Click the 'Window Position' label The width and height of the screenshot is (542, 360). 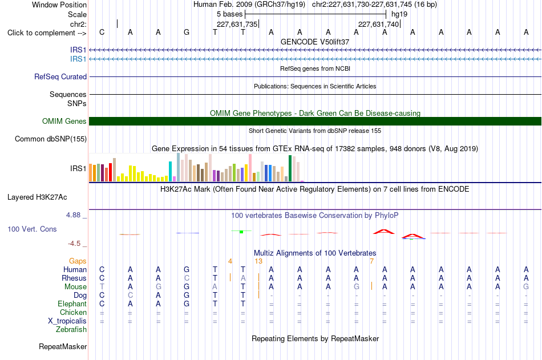[x=59, y=5]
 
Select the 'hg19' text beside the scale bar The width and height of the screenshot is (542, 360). [x=399, y=14]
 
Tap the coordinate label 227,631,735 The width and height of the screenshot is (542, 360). [x=237, y=24]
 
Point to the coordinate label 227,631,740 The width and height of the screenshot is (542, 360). [x=379, y=24]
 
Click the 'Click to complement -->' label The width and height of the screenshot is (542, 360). [x=47, y=33]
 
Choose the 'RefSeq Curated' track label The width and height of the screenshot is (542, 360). [x=60, y=77]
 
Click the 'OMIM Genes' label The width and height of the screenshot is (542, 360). [x=64, y=121]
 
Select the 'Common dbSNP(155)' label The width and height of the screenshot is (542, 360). [x=51, y=139]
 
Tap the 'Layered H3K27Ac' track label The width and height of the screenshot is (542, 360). [x=37, y=197]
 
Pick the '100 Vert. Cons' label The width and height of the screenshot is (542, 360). [x=32, y=229]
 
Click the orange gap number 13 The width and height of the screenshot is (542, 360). [x=258, y=261]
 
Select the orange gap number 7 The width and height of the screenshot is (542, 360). [x=371, y=261]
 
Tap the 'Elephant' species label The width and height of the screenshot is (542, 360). [x=72, y=304]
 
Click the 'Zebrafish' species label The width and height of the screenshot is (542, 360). [x=71, y=330]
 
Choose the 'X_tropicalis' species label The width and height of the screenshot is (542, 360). [x=67, y=321]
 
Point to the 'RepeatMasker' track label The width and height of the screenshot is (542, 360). [x=63, y=346]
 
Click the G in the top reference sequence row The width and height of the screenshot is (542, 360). [x=187, y=33]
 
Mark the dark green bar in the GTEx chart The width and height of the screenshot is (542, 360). [x=290, y=168]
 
